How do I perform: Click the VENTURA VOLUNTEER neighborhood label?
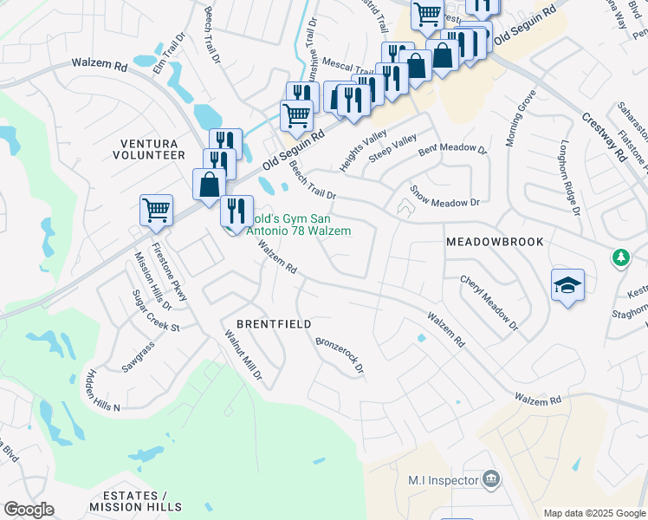[x=148, y=148]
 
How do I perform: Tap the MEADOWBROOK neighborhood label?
[x=495, y=242]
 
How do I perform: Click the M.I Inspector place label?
[x=444, y=480]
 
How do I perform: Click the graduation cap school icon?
[x=567, y=285]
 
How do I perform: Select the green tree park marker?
[x=620, y=257]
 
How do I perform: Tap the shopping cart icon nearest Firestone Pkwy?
[x=156, y=210]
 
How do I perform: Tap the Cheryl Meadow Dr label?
[x=489, y=303]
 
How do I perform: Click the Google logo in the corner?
[x=29, y=510]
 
